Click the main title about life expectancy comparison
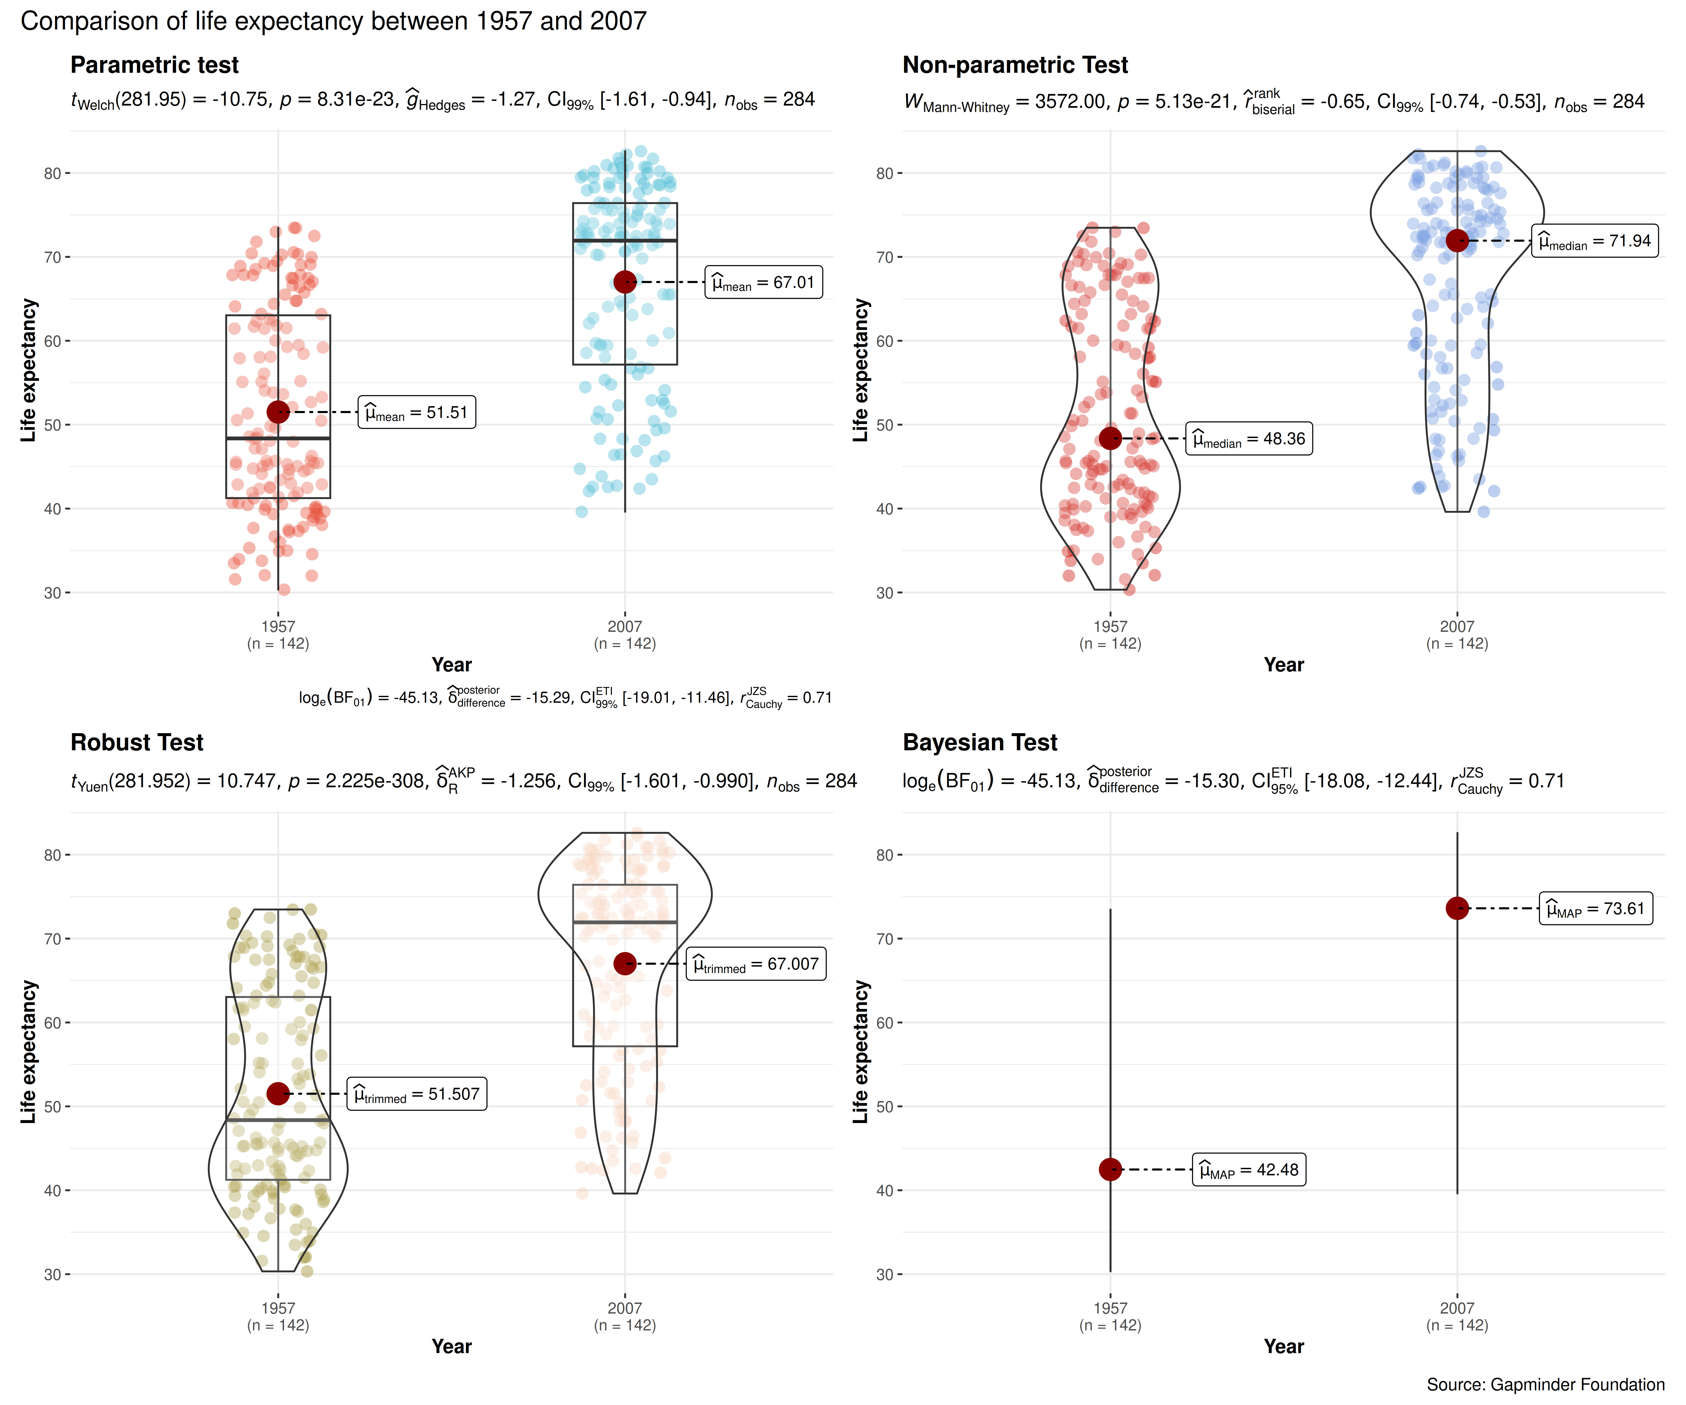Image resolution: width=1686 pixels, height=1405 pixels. (333, 21)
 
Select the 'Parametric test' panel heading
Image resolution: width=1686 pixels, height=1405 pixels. (154, 65)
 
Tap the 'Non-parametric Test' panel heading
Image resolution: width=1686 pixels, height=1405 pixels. (1015, 65)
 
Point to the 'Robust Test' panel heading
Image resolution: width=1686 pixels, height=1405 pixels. (137, 743)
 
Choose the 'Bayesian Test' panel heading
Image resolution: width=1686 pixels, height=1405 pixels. (980, 743)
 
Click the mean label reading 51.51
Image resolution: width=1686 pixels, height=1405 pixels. (417, 413)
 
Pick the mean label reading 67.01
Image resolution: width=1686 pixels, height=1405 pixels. (764, 283)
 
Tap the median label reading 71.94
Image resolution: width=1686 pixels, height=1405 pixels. (1594, 241)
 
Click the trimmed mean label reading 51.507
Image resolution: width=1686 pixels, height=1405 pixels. (417, 1094)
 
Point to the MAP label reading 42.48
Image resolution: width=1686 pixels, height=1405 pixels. (1248, 1170)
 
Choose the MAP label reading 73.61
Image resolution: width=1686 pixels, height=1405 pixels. (1595, 909)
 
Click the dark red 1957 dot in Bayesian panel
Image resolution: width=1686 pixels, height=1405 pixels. (1110, 1170)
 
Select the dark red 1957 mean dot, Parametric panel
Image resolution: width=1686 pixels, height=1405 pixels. (278, 412)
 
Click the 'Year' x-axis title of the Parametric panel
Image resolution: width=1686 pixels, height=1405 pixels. (451, 665)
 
